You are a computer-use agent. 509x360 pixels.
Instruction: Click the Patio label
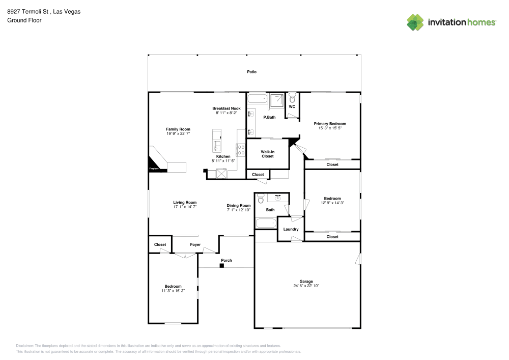pos(251,72)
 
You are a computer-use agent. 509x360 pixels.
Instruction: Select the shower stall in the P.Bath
pos(276,100)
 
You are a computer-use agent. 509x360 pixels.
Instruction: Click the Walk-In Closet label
pos(267,154)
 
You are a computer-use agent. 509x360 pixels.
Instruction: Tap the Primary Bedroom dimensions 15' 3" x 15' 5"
pos(330,128)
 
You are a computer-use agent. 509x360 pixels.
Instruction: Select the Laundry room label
pos(291,229)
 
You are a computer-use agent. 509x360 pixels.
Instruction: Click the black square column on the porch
pos(222,265)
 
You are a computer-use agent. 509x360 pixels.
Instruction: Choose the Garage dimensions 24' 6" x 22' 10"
pos(306,286)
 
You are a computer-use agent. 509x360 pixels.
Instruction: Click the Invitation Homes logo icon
pos(415,22)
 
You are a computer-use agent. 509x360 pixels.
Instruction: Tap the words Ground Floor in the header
pos(24,20)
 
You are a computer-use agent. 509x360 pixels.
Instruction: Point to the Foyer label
pos(195,244)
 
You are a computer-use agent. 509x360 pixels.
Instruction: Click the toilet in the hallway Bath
pos(261,199)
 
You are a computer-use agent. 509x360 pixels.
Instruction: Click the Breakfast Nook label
pos(227,108)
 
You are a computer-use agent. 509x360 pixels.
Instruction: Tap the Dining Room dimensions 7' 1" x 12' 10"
pos(239,210)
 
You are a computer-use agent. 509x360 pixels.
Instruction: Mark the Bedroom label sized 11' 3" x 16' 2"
pos(173,291)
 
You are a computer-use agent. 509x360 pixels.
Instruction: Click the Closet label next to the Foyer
pos(160,244)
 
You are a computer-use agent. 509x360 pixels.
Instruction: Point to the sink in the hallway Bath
pos(278,198)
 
